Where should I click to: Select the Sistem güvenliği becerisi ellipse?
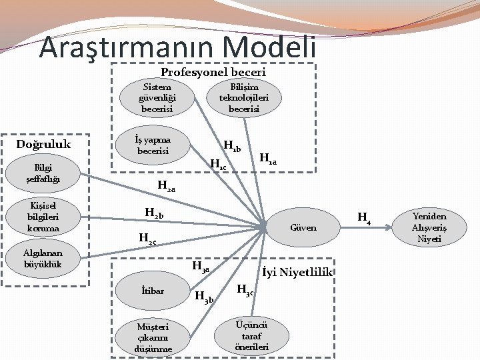coord(157,97)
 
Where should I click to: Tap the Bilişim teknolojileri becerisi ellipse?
coord(249,97)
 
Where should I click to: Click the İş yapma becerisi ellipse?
coord(153,145)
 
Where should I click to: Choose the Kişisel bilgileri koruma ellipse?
coord(43,217)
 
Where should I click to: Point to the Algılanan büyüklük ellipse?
coord(43,258)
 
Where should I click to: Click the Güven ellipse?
coord(304,227)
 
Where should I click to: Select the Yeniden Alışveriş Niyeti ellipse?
coord(429,227)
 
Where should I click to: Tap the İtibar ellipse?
coord(153,291)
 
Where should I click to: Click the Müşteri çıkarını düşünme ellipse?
coord(153,337)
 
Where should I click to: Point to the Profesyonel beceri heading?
coord(213,71)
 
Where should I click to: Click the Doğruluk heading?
coord(44,144)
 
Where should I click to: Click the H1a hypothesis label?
coord(268,159)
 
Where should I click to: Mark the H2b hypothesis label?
coord(154,213)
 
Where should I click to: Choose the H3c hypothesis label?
coord(246,290)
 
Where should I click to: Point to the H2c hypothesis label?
coord(147,237)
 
